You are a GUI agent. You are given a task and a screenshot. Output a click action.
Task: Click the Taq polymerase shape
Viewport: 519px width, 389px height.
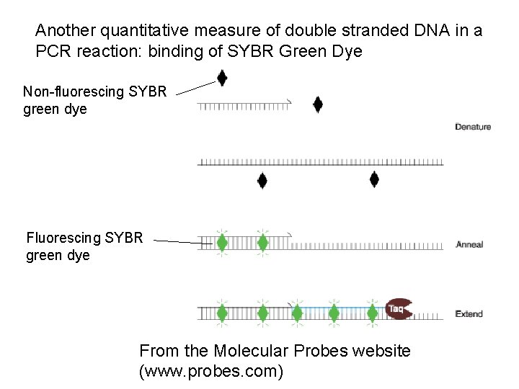pyautogui.click(x=399, y=308)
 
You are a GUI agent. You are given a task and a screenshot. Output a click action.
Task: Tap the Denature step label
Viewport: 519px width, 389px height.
pyautogui.click(x=473, y=127)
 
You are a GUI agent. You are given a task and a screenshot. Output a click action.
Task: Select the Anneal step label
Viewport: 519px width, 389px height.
pyautogui.click(x=469, y=245)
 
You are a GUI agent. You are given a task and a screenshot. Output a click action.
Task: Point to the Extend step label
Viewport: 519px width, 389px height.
pyautogui.click(x=469, y=314)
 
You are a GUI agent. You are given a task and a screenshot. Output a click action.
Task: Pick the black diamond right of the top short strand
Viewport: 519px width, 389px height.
pyautogui.click(x=317, y=104)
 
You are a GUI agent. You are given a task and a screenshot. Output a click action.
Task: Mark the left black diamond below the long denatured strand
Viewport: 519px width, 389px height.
pyautogui.click(x=263, y=181)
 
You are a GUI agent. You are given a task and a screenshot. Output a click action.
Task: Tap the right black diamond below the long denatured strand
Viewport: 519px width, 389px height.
pyautogui.click(x=374, y=180)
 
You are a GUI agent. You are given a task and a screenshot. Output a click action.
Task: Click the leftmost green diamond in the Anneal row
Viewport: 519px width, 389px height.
pyautogui.click(x=223, y=243)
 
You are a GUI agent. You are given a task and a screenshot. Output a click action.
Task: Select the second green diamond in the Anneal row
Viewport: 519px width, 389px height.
pyautogui.click(x=263, y=243)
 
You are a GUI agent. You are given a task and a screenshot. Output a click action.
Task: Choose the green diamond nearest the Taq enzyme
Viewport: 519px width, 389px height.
pyautogui.click(x=372, y=313)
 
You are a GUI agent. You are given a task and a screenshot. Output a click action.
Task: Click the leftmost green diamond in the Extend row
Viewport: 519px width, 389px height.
pyautogui.click(x=223, y=313)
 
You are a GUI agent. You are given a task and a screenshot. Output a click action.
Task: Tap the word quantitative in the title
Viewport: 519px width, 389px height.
pyautogui.click(x=143, y=31)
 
